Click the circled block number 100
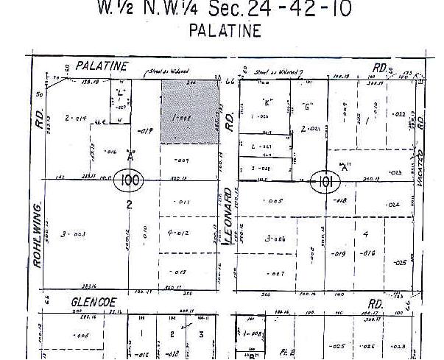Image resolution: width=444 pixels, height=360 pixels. pos(130,180)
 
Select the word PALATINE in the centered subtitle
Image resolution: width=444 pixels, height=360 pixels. pos(225,31)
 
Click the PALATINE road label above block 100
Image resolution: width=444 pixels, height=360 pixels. pos(96,66)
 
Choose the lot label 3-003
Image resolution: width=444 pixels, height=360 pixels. pos(75,234)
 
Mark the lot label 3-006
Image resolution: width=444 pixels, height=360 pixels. pos(275,239)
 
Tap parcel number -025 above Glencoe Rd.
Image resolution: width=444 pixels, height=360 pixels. pos(400,263)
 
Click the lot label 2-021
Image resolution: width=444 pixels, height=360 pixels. pos(309,129)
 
